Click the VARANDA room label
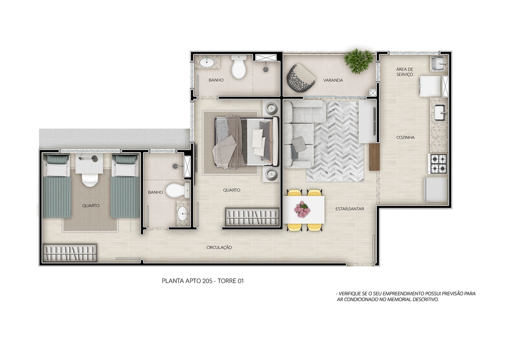coord(333,80)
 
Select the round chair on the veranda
coord(301,78)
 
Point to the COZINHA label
coord(405,138)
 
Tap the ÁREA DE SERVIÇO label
coord(404,72)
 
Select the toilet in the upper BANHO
coord(239,67)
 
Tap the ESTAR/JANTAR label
coord(349,209)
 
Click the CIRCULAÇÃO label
coord(219,247)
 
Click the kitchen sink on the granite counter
coord(441,113)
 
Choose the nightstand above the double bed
coord(270,107)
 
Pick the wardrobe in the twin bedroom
coord(70,252)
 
